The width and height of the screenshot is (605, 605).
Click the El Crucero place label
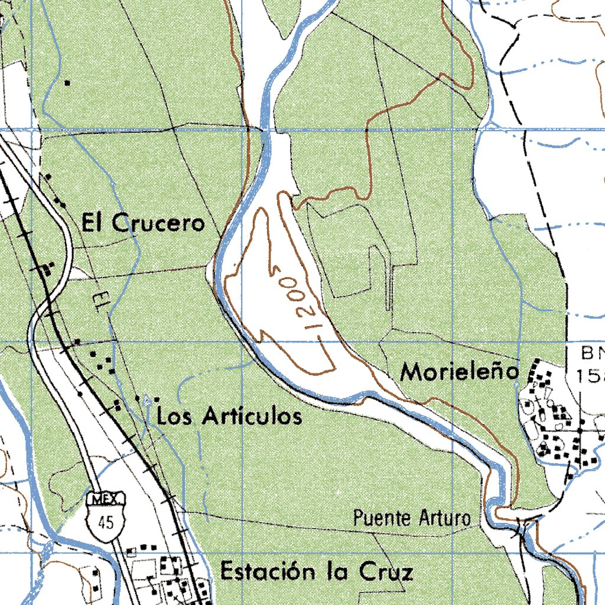click(x=143, y=223)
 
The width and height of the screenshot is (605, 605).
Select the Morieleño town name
click(x=460, y=372)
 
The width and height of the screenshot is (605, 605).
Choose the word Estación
click(x=268, y=571)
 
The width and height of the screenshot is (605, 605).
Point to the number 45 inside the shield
click(x=106, y=521)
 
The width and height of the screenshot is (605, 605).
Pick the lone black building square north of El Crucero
click(x=68, y=83)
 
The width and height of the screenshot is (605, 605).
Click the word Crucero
click(x=159, y=223)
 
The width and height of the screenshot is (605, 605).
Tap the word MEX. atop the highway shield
click(x=106, y=500)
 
